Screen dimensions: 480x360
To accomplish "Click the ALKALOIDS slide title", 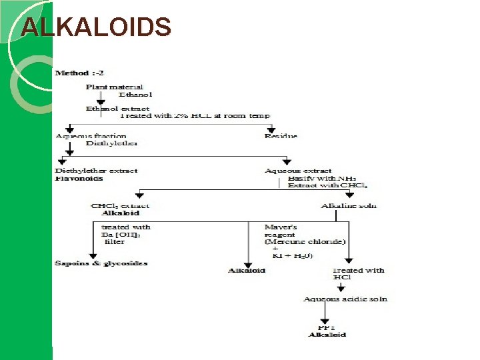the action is [96, 27].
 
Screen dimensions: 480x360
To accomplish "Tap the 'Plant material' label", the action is [114, 87].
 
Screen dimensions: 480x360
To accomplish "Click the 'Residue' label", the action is [281, 136].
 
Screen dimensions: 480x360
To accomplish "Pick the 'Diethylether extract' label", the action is [96, 171].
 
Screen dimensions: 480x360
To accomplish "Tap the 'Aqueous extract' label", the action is [298, 171].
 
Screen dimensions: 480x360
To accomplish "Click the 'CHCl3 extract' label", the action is [120, 205].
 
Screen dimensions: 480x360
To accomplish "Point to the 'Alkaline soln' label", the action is [348, 205].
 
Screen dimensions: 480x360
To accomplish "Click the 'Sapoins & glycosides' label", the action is [101, 263].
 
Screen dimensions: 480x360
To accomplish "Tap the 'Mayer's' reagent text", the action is [281, 227].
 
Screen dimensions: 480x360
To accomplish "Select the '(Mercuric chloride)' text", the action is [305, 241].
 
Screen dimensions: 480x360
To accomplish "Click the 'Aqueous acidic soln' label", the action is [345, 299].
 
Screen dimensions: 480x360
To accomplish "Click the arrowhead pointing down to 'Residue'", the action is [271, 129].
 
